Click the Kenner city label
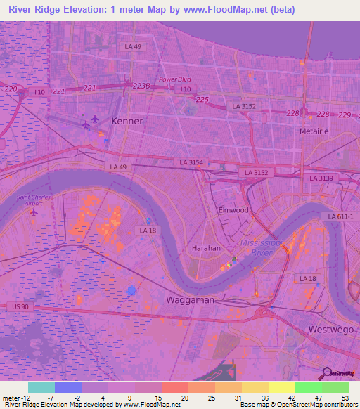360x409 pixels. click(x=127, y=121)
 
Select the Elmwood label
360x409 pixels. click(x=233, y=210)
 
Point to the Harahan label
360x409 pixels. click(x=207, y=248)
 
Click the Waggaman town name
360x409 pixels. click(x=189, y=299)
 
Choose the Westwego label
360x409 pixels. click(x=327, y=330)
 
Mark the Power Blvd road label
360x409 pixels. click(x=175, y=79)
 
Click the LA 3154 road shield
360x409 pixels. click(x=191, y=162)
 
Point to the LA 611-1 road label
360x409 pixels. click(x=340, y=217)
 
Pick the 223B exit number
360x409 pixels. click(x=141, y=86)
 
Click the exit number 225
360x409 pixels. click(x=202, y=100)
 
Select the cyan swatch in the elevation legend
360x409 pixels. click(x=41, y=387)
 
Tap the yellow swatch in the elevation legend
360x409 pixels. click(x=282, y=387)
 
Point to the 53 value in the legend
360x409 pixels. click(x=344, y=398)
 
